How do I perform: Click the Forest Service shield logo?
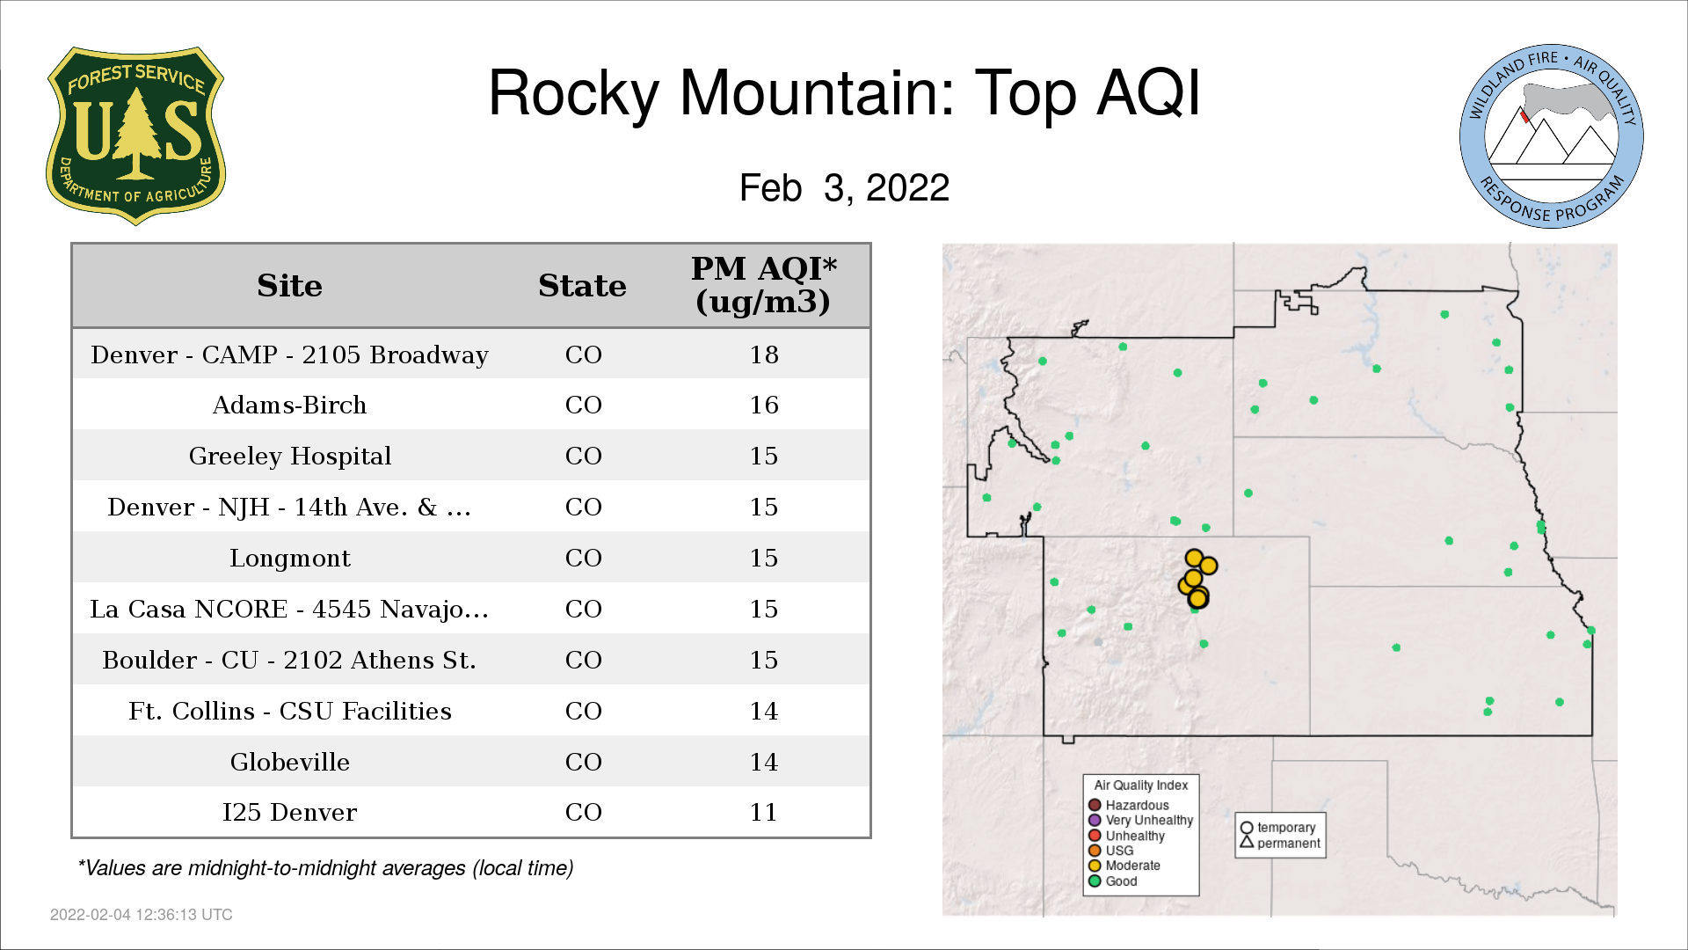click(x=135, y=136)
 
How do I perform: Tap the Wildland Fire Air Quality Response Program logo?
click(x=1552, y=136)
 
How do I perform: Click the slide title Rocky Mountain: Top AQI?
click(x=844, y=93)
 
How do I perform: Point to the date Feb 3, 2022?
click(x=844, y=187)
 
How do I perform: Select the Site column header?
click(x=289, y=286)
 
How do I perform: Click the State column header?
click(x=582, y=286)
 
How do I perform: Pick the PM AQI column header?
click(x=763, y=285)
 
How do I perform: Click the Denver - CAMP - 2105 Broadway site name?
click(x=289, y=354)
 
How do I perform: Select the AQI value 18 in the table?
click(x=763, y=354)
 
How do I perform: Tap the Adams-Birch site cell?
click(x=289, y=405)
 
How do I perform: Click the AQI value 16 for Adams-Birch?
click(x=763, y=405)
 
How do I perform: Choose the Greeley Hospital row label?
click(x=289, y=456)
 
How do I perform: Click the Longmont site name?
click(x=289, y=558)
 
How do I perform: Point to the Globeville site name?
click(x=289, y=762)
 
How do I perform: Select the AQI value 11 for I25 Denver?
click(x=763, y=812)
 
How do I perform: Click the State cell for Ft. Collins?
click(x=583, y=711)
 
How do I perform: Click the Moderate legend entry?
click(x=1124, y=866)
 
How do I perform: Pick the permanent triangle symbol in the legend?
click(x=1247, y=843)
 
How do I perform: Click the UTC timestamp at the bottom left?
click(x=142, y=915)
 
